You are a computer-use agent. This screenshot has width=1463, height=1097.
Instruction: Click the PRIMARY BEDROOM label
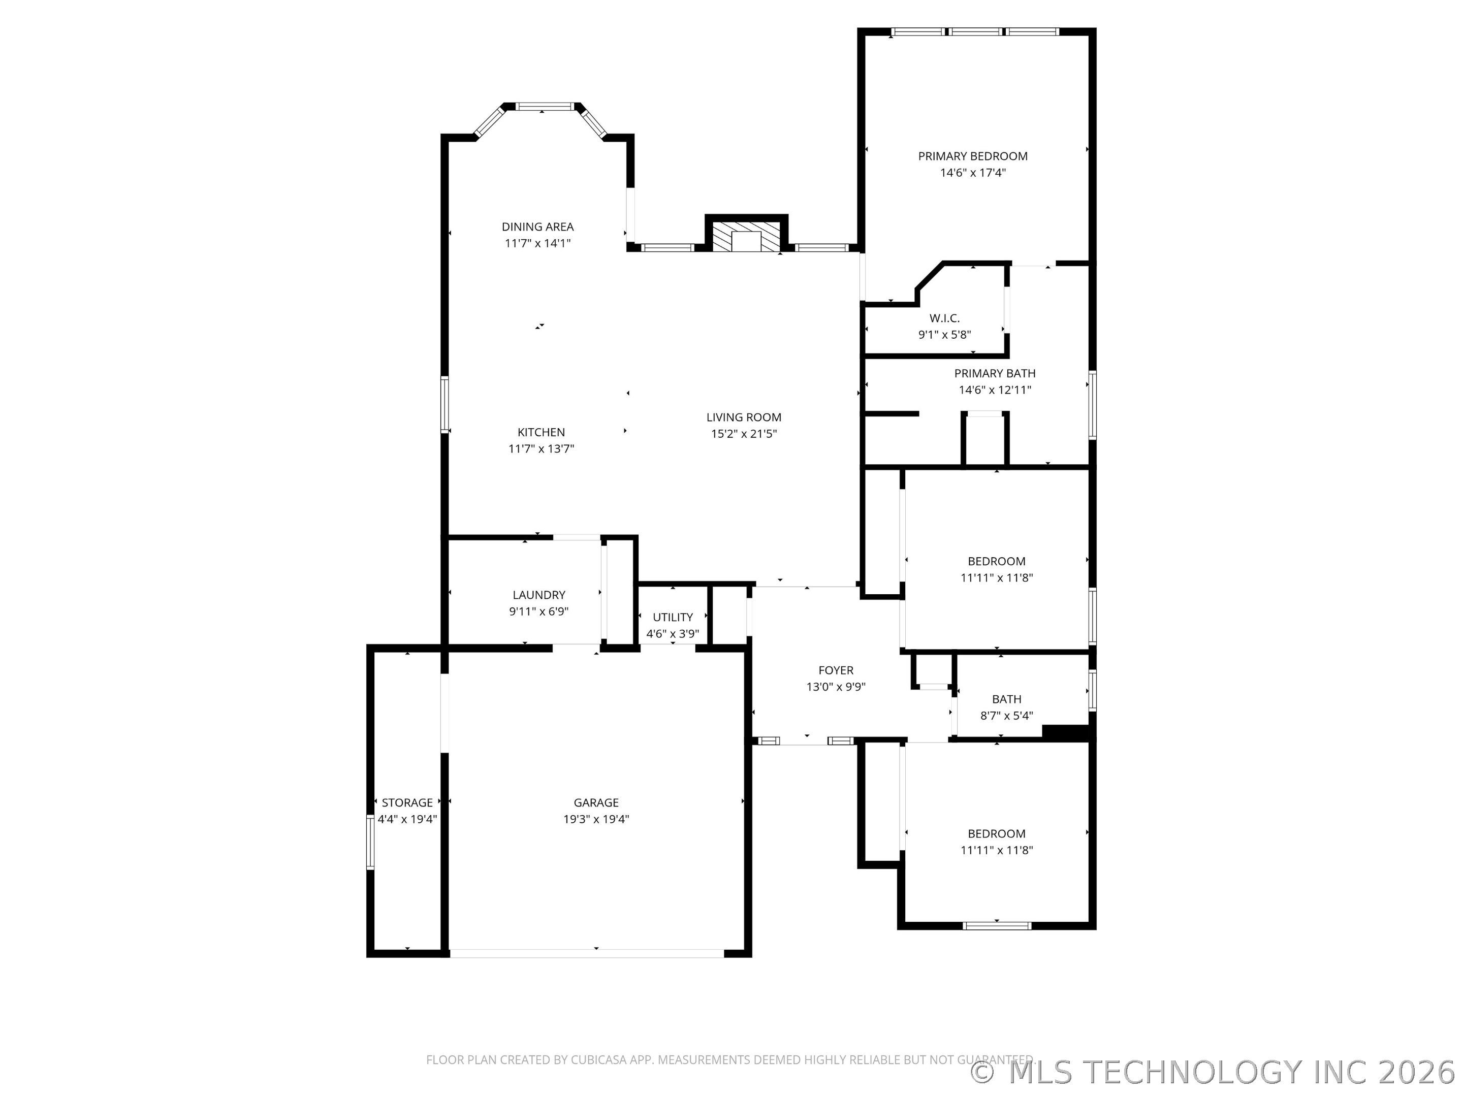pos(972,156)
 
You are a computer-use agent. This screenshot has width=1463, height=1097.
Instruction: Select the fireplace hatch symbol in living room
pos(747,237)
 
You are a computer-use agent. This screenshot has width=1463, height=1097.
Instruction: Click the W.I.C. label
pos(944,318)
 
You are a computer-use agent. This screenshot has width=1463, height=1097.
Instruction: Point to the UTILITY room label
pos(673,617)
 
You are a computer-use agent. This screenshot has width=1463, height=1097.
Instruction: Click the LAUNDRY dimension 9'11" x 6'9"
pos(538,611)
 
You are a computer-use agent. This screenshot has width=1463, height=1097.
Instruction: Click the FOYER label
pos(836,670)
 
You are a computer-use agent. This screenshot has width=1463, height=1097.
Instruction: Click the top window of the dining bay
pos(545,106)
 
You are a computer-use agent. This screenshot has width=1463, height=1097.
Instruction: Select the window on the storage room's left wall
pos(370,842)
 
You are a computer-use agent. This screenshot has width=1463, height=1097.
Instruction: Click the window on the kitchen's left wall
pos(444,405)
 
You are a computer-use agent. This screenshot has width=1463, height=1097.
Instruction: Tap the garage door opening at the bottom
pos(587,953)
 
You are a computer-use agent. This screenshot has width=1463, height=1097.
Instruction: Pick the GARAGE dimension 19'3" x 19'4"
pos(596,819)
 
